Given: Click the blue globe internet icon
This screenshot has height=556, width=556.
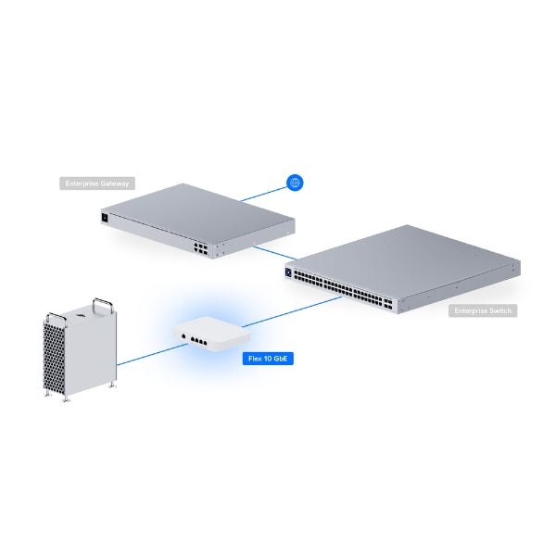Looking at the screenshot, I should click(x=295, y=183).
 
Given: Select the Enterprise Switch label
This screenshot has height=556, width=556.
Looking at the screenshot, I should click(x=483, y=311).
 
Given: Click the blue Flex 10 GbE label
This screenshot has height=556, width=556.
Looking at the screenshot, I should click(x=266, y=357).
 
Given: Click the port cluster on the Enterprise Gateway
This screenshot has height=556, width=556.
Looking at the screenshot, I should click(x=202, y=247).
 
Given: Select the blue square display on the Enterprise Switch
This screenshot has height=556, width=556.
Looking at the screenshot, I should click(x=294, y=272).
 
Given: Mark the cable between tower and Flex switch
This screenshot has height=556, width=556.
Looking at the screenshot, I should click(x=144, y=356).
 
